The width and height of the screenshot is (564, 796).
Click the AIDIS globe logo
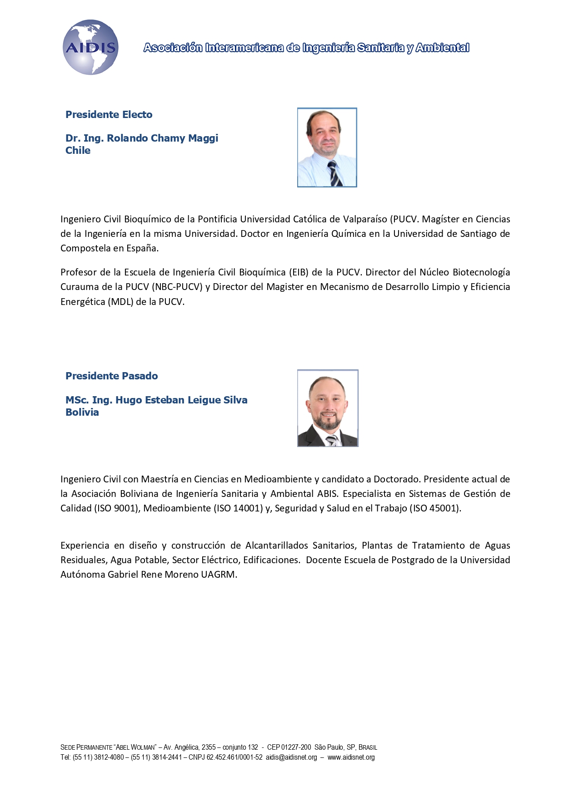click(90, 47)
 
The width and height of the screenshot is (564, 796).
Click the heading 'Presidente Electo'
click(109, 114)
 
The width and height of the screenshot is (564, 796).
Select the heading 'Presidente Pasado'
click(111, 376)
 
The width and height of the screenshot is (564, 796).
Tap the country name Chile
click(78, 151)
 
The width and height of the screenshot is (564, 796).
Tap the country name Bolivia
click(82, 412)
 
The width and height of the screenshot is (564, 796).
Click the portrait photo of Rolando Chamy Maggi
click(327, 147)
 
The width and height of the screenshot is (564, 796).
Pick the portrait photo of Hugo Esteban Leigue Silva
click(327, 408)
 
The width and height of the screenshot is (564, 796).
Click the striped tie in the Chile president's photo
click(335, 174)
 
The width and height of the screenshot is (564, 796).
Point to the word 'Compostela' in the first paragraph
click(84, 248)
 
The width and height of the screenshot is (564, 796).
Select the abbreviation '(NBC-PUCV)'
click(177, 287)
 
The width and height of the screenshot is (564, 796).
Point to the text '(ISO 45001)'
click(435, 508)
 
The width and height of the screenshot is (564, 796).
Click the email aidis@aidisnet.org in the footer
click(291, 757)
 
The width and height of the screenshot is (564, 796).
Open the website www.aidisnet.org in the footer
click(351, 757)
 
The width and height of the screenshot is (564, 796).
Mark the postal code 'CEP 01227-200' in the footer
click(289, 747)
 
